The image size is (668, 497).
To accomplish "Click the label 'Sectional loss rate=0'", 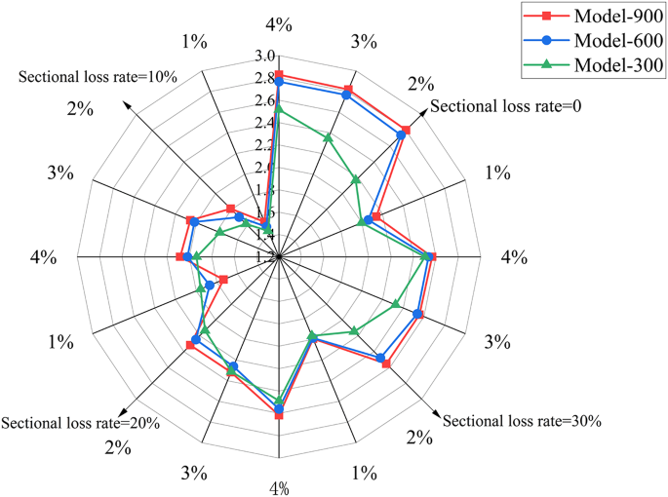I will [506, 106].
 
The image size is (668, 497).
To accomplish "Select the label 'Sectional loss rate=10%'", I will [98, 77].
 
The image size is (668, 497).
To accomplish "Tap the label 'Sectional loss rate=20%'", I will [80, 423].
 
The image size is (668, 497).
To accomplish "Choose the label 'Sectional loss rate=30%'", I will [522, 421].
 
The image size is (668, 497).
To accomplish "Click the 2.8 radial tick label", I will [264, 78].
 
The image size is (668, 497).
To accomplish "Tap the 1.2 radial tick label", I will [264, 257].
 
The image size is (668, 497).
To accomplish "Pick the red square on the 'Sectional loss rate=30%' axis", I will [386, 364].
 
